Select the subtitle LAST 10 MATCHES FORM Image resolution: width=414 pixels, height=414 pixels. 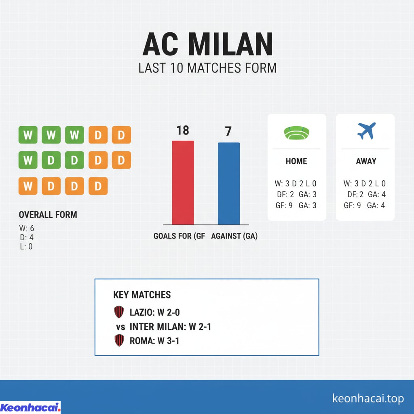(207, 68)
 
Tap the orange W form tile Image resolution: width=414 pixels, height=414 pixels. (28, 186)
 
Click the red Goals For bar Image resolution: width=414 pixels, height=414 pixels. (183, 182)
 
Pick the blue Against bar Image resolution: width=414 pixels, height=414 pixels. (229, 183)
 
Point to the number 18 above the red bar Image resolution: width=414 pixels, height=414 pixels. (183, 130)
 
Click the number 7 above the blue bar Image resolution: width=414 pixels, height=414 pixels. (228, 131)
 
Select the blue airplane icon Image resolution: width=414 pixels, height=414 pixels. (366, 131)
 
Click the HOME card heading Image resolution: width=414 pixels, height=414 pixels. (296, 161)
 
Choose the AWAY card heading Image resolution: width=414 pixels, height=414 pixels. (366, 161)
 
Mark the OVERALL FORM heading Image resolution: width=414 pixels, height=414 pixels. (48, 215)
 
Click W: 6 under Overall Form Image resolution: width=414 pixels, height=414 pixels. (27, 229)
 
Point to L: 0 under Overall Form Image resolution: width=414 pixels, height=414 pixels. (26, 246)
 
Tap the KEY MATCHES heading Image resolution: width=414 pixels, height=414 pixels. (142, 295)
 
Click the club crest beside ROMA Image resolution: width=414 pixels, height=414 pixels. (119, 340)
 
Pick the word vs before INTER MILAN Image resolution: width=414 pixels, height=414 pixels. (120, 327)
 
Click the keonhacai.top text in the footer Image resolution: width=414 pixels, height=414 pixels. (368, 399)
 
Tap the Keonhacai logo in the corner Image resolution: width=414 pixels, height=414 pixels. (30, 407)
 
